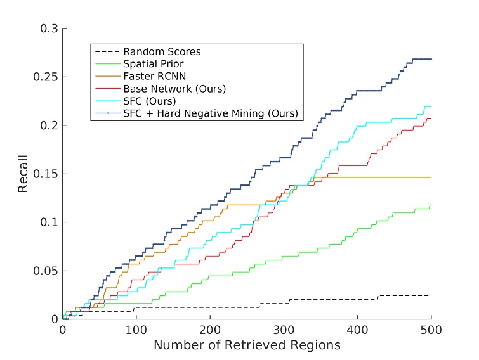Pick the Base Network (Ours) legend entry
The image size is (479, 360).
pos(174,88)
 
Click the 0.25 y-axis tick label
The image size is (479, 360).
pos(46,77)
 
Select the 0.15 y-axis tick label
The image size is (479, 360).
pos(46,174)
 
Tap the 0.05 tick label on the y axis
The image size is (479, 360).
pos(46,271)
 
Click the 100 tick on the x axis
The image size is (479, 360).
pos(136,330)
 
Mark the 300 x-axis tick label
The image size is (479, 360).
pos(284,330)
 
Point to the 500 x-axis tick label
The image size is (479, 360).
pos(431,330)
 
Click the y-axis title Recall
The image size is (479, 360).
pos(23,174)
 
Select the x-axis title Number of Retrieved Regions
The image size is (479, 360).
pos(247,345)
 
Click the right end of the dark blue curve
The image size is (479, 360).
pos(431,59)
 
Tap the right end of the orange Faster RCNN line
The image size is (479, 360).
pos(431,177)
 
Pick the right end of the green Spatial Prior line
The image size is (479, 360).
pos(431,205)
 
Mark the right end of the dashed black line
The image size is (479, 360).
pos(431,296)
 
